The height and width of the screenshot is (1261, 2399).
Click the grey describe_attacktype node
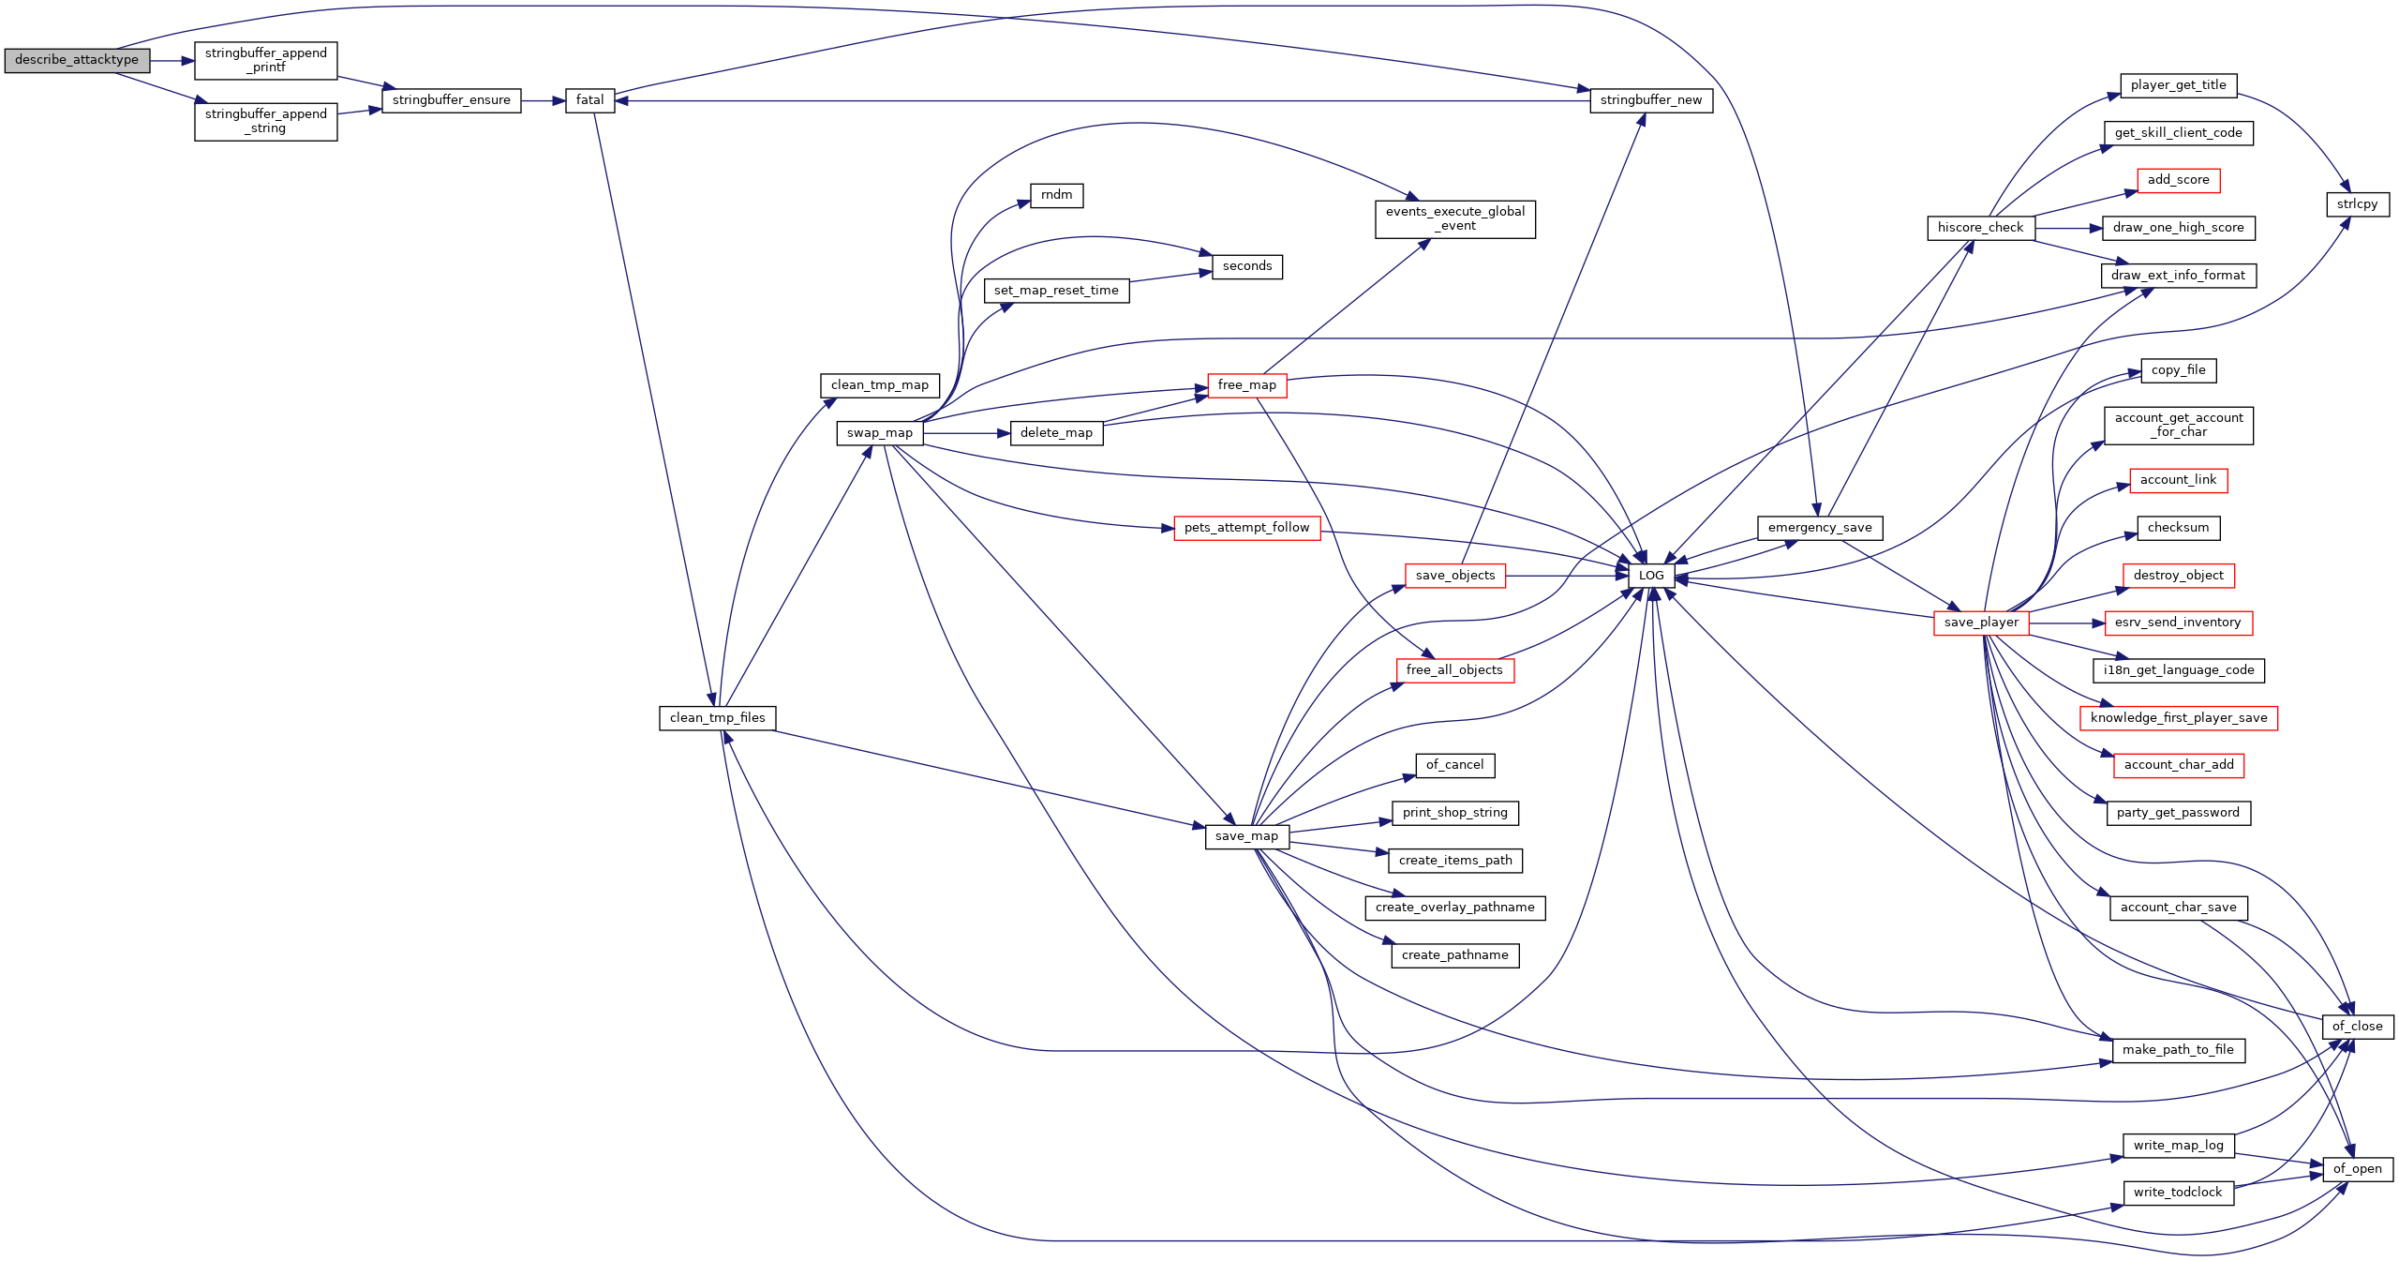[77, 60]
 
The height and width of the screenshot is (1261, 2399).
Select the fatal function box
[590, 100]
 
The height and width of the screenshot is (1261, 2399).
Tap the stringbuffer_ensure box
[452, 100]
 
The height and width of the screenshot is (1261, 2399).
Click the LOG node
[1651, 576]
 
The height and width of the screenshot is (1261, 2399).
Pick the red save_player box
[1981, 623]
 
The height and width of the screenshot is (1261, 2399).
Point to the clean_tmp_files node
[718, 718]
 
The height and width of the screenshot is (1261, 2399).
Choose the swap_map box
[880, 433]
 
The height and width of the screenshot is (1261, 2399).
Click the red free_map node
[1247, 385]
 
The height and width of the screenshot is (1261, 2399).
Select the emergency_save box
[1820, 528]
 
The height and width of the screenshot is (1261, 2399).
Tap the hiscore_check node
[1981, 228]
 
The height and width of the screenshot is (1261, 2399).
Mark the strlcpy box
[2358, 204]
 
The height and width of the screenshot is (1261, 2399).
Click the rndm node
[1057, 195]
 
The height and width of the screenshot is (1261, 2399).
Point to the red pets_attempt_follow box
[1247, 528]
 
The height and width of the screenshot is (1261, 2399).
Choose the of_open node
[2358, 1169]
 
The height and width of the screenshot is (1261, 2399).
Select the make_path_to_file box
[2179, 1050]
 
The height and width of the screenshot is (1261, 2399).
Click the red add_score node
[2179, 180]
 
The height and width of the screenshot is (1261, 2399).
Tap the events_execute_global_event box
[1455, 219]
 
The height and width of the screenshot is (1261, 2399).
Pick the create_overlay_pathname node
[1455, 908]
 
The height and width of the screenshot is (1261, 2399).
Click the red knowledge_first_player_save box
[2179, 718]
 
